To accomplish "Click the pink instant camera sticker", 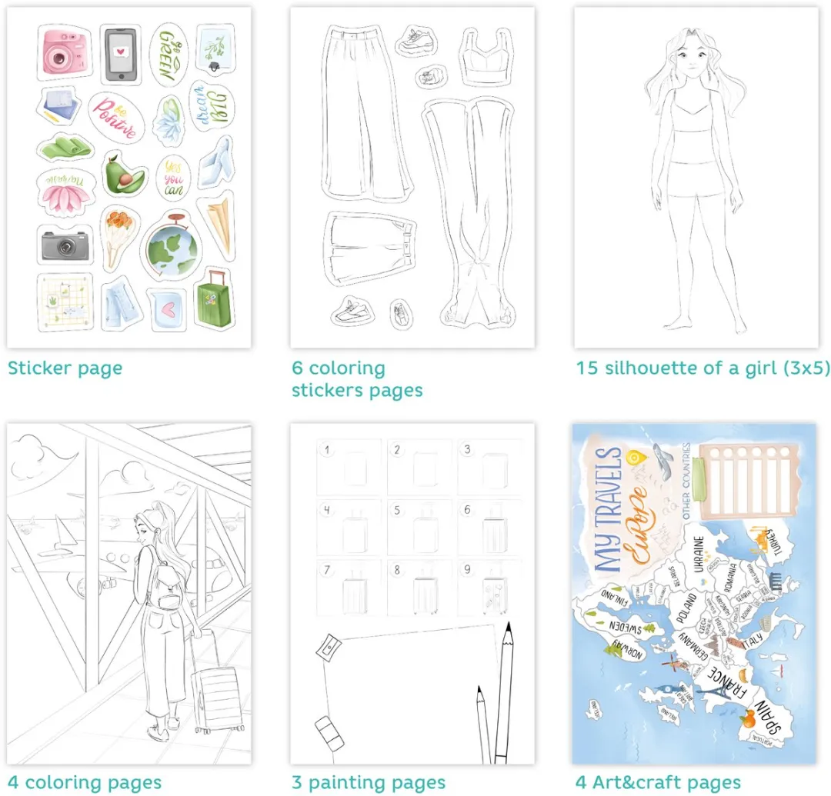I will coord(63,52).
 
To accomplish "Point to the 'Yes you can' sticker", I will coord(172,175).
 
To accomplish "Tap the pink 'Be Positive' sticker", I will coord(116,116).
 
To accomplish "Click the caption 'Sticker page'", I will coord(65,368).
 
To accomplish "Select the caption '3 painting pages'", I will coord(368,783).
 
